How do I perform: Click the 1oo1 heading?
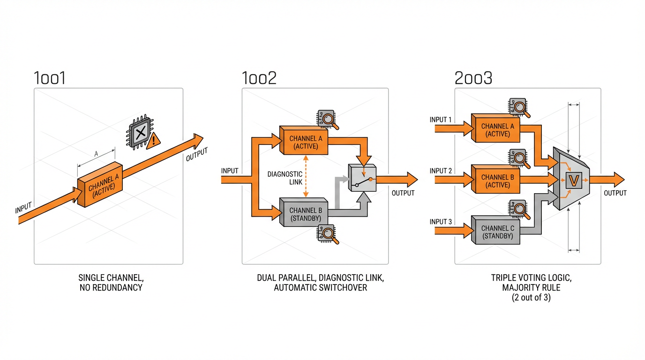[x=50, y=78]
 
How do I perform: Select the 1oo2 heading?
[x=259, y=78]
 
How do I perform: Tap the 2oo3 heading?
[x=473, y=78]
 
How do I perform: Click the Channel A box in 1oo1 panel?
[x=100, y=185]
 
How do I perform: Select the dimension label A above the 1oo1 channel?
[x=96, y=153]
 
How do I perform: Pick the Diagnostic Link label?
[x=285, y=178]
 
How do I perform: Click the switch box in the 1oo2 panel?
[x=362, y=179]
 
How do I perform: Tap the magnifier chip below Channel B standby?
[x=328, y=234]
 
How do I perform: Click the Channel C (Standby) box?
[x=497, y=232]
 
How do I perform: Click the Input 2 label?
[x=441, y=171]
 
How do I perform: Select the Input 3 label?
[x=441, y=221]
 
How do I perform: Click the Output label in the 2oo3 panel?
[x=615, y=193]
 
